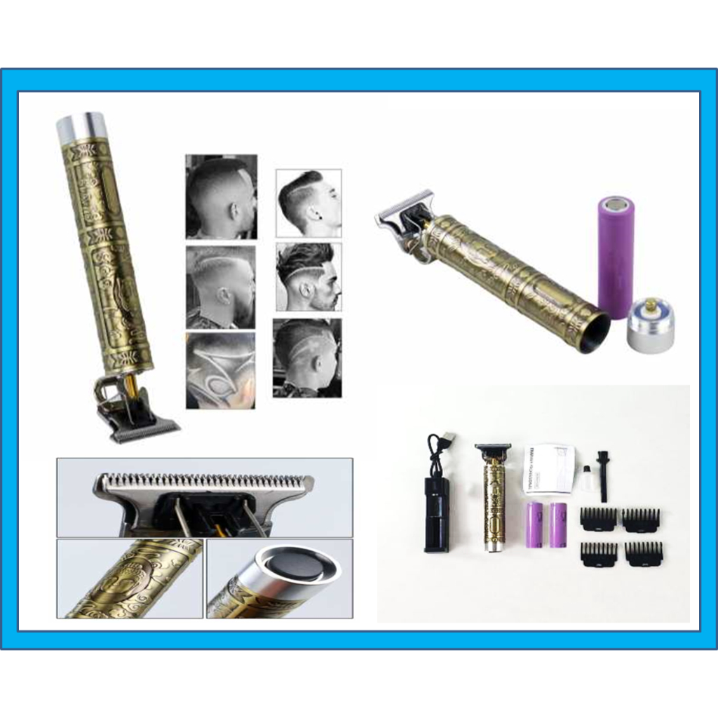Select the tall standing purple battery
tap(615, 257)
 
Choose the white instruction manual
tap(550, 468)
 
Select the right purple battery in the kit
tap(559, 524)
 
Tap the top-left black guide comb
tap(598, 520)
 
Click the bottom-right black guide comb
tap(643, 553)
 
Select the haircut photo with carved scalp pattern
tap(220, 370)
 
